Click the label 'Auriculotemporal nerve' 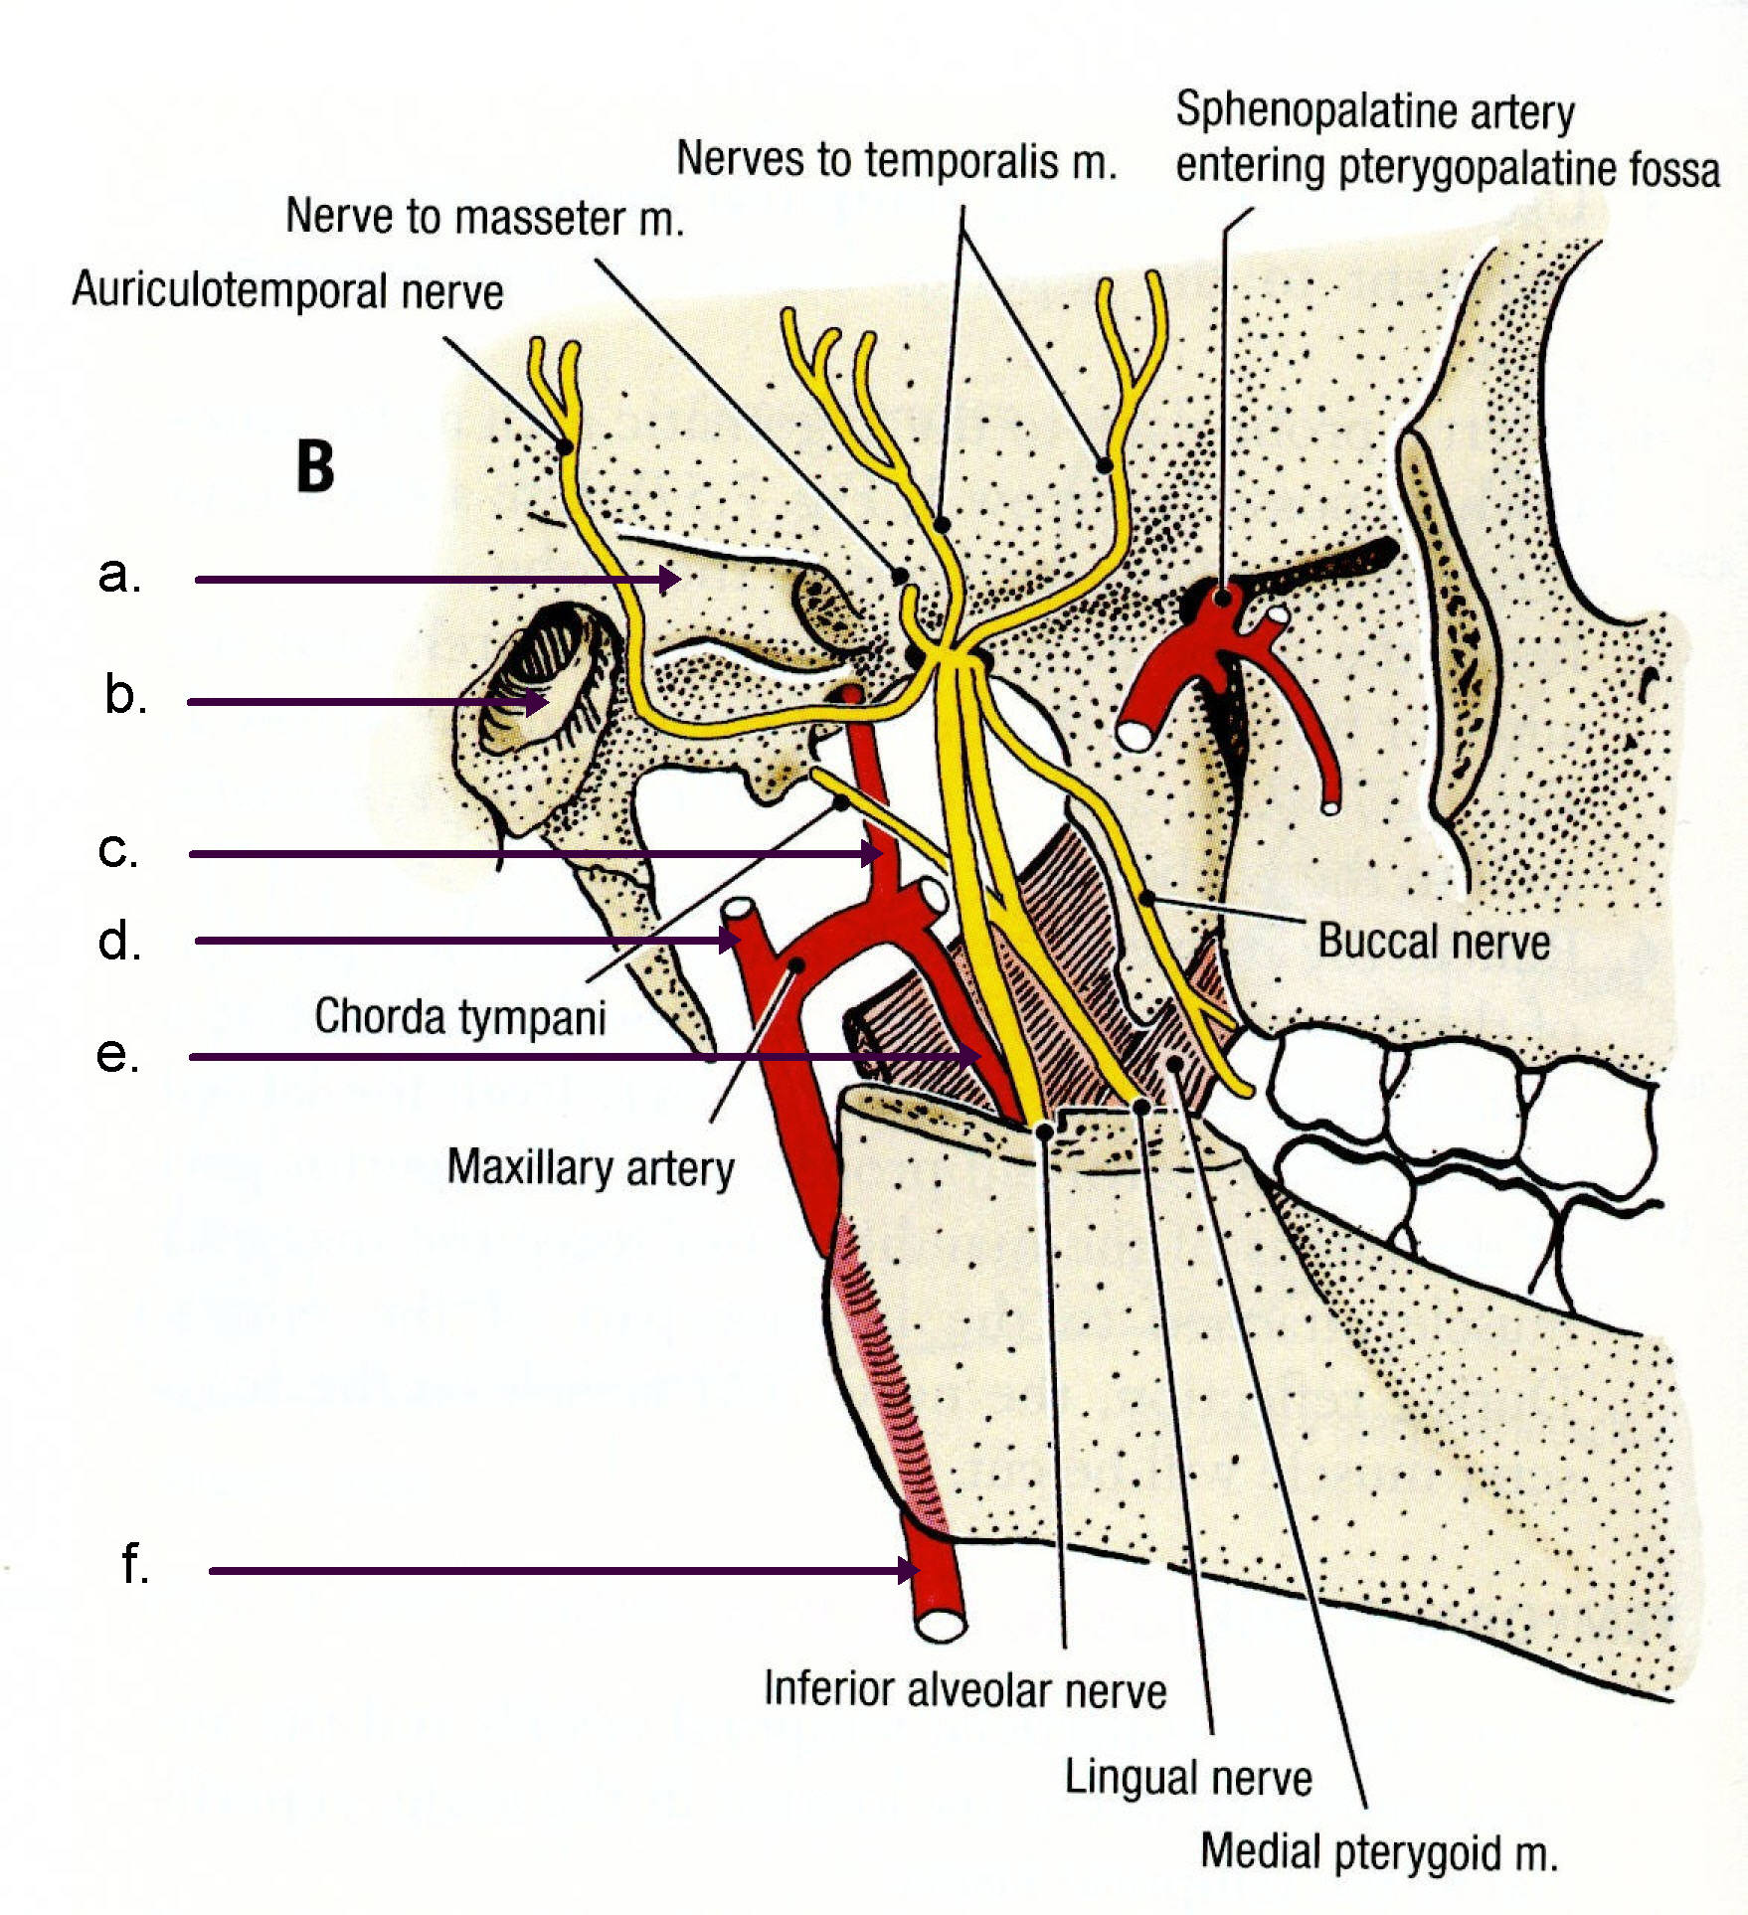pyautogui.click(x=287, y=291)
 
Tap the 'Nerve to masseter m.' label pyautogui.click(x=484, y=218)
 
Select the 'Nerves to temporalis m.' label pyautogui.click(x=896, y=160)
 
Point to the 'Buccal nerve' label pyautogui.click(x=1433, y=941)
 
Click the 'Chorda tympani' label pyautogui.click(x=459, y=1017)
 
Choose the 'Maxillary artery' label pyautogui.click(x=591, y=1167)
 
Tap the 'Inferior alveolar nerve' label pyautogui.click(x=964, y=1689)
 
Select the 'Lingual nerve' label pyautogui.click(x=1188, y=1777)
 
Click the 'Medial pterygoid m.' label pyautogui.click(x=1378, y=1851)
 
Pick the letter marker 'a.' pyautogui.click(x=119, y=575)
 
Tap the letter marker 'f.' pyautogui.click(x=135, y=1564)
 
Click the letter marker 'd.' pyautogui.click(x=119, y=941)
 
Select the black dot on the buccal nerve pyautogui.click(x=1146, y=898)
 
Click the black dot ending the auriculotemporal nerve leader pyautogui.click(x=564, y=446)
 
